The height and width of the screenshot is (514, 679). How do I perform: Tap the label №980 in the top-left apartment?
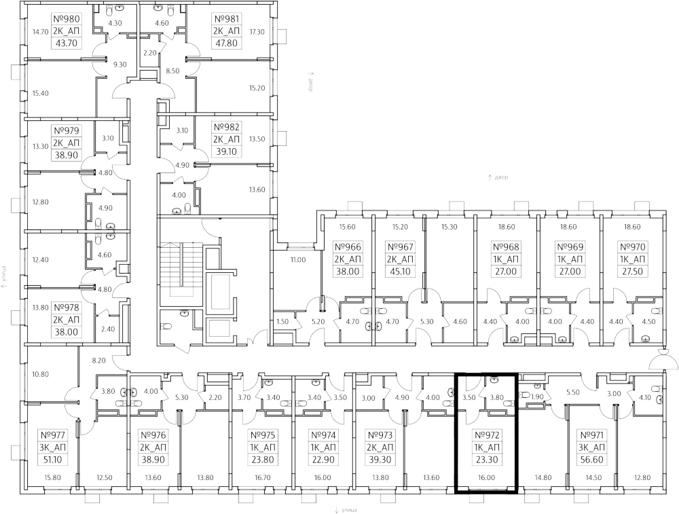tap(66, 18)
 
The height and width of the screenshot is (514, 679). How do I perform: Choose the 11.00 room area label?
tap(297, 259)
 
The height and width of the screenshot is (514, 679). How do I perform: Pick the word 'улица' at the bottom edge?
tap(351, 509)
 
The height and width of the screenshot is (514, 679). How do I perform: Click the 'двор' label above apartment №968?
tap(501, 177)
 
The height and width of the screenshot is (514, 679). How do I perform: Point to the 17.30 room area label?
tap(256, 31)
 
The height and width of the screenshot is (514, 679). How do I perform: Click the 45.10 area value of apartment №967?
tap(399, 272)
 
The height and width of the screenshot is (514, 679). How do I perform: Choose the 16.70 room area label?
tap(263, 478)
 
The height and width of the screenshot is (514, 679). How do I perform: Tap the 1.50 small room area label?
tap(282, 322)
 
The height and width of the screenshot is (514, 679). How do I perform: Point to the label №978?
tap(66, 308)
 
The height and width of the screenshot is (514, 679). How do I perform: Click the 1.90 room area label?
tap(536, 397)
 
